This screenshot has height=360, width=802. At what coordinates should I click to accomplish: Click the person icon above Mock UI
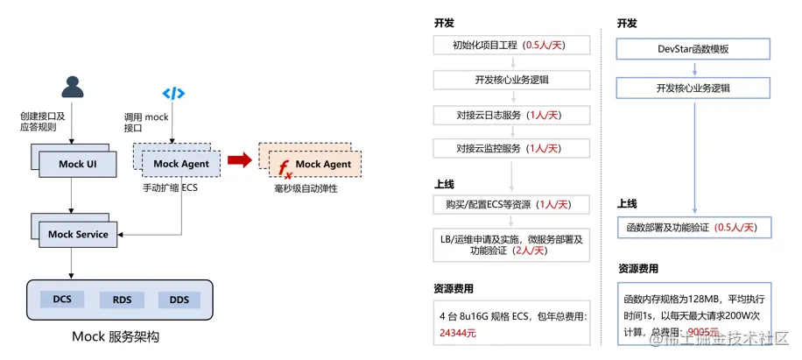(x=73, y=87)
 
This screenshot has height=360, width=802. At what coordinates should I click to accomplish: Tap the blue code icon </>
(x=173, y=94)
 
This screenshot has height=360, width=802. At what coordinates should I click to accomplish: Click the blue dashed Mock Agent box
(x=180, y=163)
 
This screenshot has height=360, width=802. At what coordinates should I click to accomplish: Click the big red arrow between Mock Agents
(x=239, y=159)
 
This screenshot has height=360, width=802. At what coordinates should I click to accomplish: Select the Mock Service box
(x=78, y=234)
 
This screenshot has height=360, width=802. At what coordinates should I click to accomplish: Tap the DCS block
(x=62, y=300)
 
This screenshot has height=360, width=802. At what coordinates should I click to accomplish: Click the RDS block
(x=122, y=300)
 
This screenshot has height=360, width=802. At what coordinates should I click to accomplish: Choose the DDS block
(x=179, y=300)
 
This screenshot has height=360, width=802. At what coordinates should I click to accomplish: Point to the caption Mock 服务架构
(x=116, y=336)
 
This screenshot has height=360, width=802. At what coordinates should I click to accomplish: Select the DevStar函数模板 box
(x=693, y=49)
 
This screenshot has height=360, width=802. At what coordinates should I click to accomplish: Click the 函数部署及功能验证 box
(x=693, y=228)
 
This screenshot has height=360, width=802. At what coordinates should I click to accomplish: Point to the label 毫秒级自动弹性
(x=306, y=188)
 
